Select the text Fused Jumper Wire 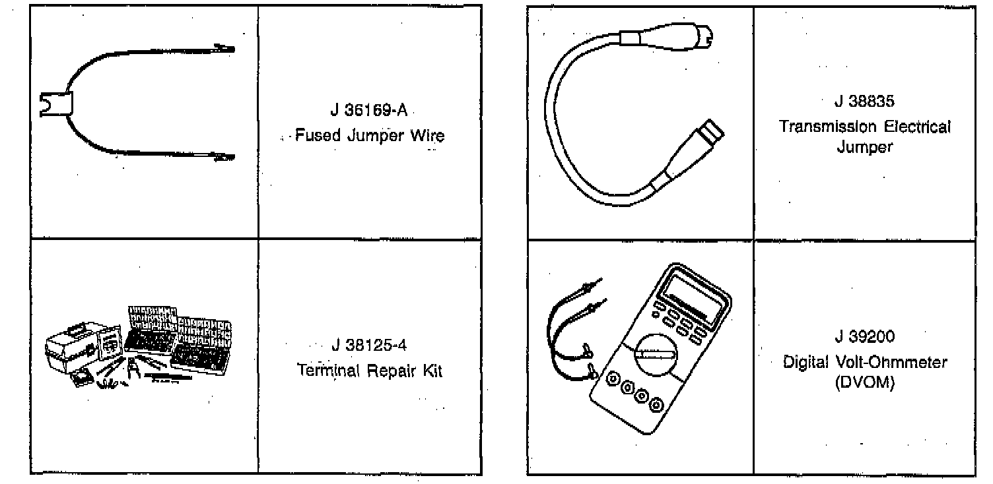369,136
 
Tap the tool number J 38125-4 370,344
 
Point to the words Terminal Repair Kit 370,371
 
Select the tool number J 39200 864,337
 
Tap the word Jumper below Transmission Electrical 865,147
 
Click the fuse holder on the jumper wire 55,104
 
